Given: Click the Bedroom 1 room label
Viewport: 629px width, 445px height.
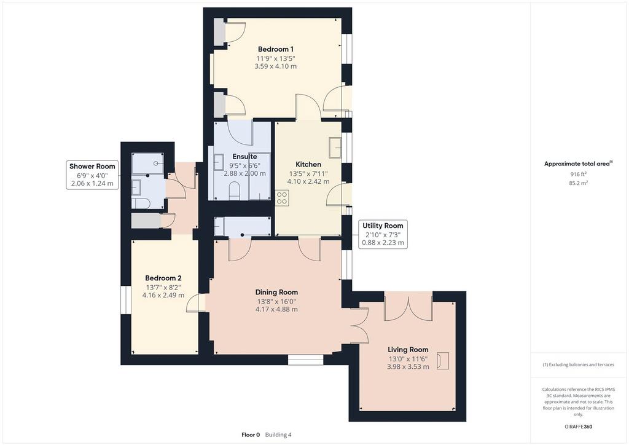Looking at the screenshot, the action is (x=276, y=49).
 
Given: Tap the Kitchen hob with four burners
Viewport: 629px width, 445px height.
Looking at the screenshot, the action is (x=282, y=199).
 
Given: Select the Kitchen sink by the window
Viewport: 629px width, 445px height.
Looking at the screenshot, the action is (x=335, y=148).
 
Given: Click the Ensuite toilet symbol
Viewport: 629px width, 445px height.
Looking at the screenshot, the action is (x=234, y=191).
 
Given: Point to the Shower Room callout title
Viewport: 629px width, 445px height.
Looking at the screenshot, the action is (x=92, y=166).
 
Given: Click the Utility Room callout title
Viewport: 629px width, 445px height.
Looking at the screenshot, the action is (x=383, y=226).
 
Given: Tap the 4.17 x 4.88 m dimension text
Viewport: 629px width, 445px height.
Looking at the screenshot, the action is (x=276, y=309).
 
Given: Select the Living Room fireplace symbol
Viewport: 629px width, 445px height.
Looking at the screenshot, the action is (x=443, y=360).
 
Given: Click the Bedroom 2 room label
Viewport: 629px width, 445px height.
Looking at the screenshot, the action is (x=163, y=278).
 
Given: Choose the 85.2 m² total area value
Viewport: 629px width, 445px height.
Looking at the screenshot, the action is (x=579, y=183).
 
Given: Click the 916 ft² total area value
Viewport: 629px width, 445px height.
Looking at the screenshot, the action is (x=579, y=174).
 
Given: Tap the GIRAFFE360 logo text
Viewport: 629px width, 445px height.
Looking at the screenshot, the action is (x=579, y=427).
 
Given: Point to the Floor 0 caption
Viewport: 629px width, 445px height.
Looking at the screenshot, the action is (x=251, y=435).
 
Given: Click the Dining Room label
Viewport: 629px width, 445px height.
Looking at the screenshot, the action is (x=276, y=293).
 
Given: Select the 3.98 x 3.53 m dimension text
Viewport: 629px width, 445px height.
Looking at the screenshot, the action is (x=408, y=367).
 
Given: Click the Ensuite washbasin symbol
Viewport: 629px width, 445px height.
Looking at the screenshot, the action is (x=219, y=162).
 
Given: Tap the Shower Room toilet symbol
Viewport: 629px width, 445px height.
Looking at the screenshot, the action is (x=141, y=203).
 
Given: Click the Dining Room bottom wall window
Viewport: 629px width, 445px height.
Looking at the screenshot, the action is (x=306, y=360).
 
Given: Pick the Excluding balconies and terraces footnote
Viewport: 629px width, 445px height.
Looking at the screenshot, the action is (x=579, y=364).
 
